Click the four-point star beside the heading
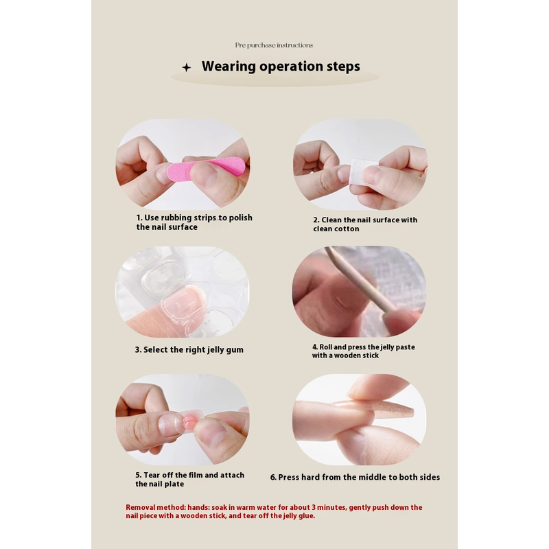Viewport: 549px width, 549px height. point(187,67)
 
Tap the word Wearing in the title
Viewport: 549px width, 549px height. point(229,67)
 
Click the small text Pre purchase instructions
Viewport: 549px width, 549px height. point(274,45)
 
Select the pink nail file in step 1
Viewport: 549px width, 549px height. point(206,167)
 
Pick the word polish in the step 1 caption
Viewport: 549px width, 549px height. point(241,218)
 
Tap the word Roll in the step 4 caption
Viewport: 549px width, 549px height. point(325,347)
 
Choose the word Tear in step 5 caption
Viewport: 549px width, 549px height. point(152,475)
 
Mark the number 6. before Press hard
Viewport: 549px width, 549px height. point(273,477)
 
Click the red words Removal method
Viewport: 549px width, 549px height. point(156,507)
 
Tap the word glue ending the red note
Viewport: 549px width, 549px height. point(307,516)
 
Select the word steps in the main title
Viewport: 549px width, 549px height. point(343,67)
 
